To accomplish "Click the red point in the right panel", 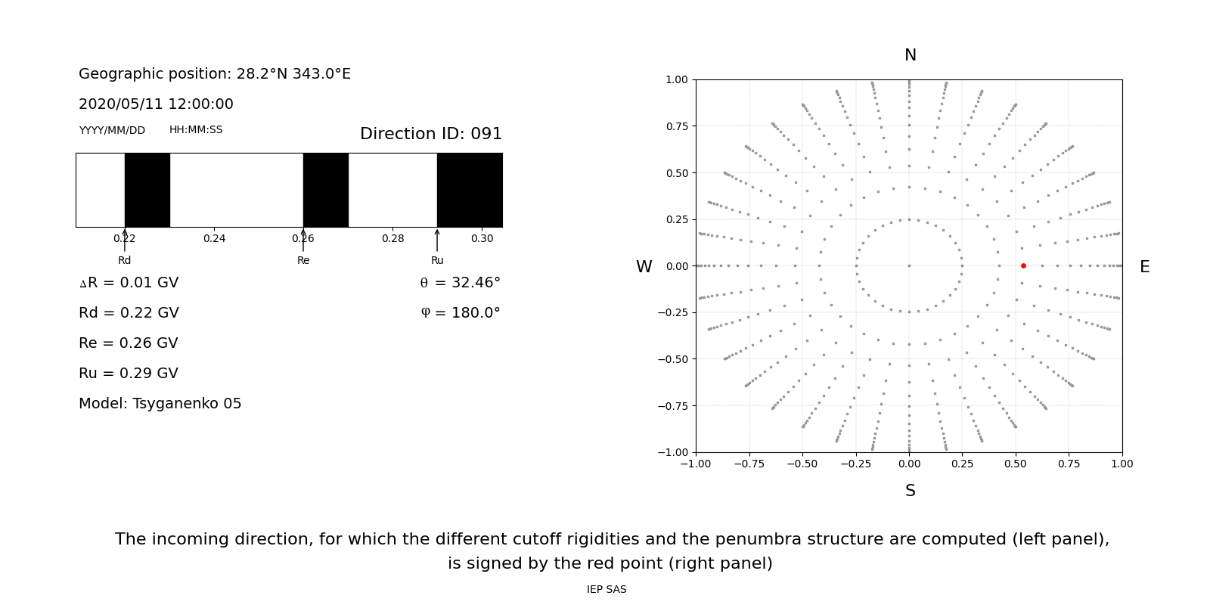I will click(1023, 265).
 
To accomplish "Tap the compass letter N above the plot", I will click(910, 55).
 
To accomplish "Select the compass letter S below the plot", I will click(910, 491).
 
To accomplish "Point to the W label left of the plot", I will click(644, 267).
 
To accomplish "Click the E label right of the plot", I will click(1144, 267).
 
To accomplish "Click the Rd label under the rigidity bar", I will click(124, 260).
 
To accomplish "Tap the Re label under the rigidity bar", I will click(303, 260).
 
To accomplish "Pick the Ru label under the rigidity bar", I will click(437, 260).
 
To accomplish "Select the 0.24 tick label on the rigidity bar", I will click(214, 238).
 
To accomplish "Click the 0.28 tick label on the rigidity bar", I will click(392, 238).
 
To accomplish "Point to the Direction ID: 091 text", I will click(430, 134).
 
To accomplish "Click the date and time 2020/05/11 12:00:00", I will click(156, 104).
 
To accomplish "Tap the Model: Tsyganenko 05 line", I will click(160, 404).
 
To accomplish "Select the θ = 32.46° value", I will click(460, 283).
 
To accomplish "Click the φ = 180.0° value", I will click(460, 313).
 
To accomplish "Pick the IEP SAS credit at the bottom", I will click(607, 589).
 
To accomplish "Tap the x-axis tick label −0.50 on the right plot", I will click(802, 464).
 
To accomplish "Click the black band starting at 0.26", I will click(325, 190).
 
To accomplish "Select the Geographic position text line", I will click(215, 74).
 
